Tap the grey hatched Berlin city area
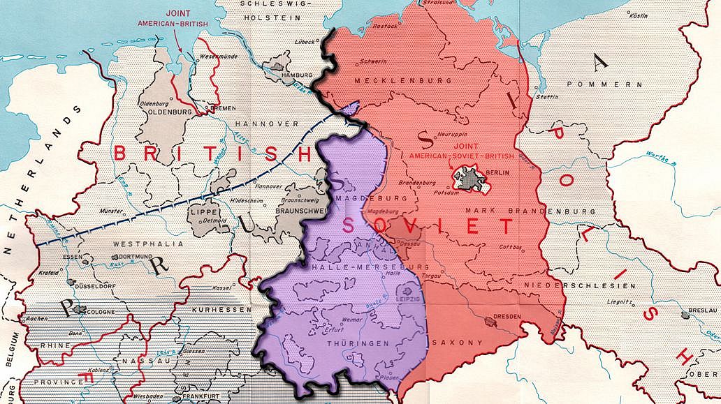(472, 179)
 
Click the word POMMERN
(595, 84)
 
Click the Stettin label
(546, 96)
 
